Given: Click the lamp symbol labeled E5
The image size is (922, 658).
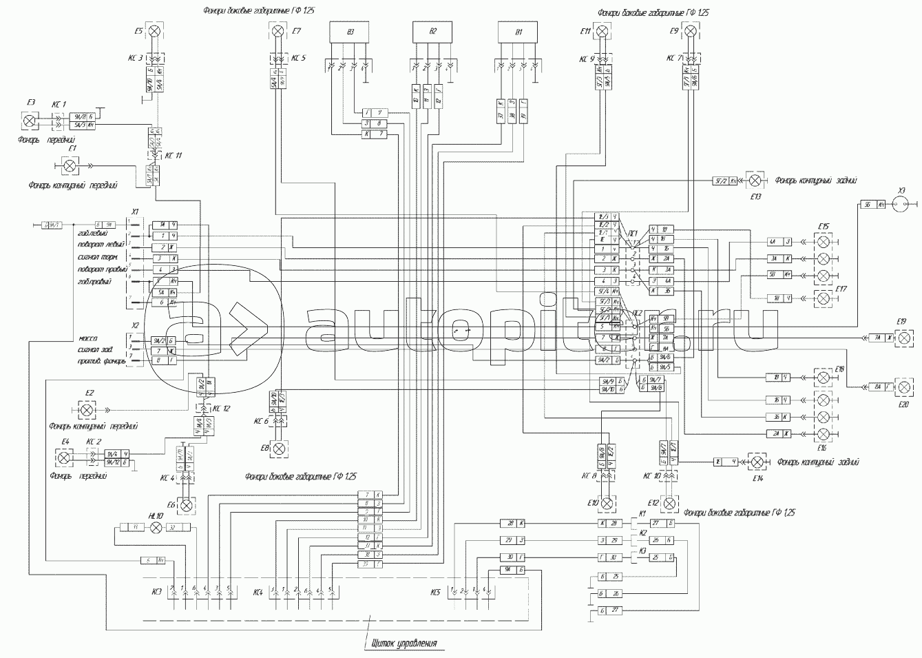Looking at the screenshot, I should click(x=156, y=31).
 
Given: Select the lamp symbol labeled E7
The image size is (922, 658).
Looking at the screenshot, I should click(x=277, y=31).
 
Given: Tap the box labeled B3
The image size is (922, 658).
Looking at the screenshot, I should click(x=350, y=32).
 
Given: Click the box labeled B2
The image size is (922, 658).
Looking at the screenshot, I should click(x=432, y=32).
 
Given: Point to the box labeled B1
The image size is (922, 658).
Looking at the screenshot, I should click(x=518, y=32).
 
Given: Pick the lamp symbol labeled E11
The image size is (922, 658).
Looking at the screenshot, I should click(x=602, y=31).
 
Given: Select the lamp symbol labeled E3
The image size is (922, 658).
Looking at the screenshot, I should click(x=30, y=120).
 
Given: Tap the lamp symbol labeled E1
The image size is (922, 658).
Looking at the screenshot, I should click(x=70, y=165).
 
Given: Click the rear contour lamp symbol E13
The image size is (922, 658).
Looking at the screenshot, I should click(x=755, y=180).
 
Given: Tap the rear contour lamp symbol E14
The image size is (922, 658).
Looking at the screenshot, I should click(x=757, y=461).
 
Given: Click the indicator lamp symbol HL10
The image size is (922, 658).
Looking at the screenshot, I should click(x=156, y=527).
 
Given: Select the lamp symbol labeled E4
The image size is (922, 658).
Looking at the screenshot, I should click(x=63, y=457).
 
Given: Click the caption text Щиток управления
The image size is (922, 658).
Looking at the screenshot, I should click(x=404, y=644).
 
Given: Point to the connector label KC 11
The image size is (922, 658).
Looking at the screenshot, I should click(x=174, y=156).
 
